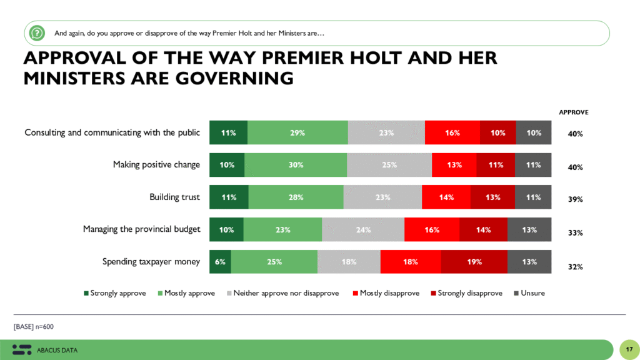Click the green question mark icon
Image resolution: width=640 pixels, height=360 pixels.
37,32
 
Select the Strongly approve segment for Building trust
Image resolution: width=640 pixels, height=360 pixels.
229,197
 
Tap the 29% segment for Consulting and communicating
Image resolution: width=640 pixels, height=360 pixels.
297,132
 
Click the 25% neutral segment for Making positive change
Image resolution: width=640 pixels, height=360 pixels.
389,165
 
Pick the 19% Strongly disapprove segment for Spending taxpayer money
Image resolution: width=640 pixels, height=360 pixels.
474,262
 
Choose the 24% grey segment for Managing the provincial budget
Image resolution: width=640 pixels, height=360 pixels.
363,229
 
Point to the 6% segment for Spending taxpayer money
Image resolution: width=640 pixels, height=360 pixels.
220,262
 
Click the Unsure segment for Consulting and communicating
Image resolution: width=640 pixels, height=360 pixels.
534,132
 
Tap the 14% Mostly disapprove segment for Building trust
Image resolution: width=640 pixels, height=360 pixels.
446,197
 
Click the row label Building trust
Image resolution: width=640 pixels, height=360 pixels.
174,197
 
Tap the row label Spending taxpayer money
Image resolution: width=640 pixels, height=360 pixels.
151,262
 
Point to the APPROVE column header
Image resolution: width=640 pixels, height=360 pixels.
573,112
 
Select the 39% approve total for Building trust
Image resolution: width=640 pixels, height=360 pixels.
575,200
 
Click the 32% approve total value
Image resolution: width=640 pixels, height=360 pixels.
575,267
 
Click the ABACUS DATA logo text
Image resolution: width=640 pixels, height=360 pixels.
57,350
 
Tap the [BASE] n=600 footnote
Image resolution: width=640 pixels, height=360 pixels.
37,327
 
